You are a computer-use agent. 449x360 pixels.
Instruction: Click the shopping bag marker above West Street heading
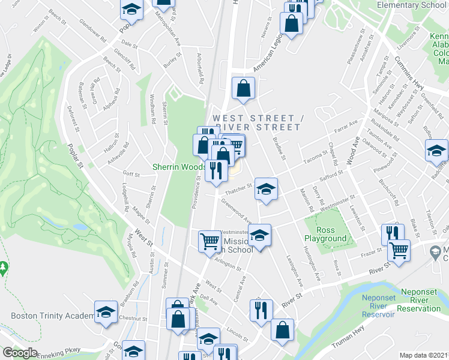[x=244, y=89]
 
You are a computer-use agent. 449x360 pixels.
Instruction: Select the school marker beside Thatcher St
[x=265, y=189]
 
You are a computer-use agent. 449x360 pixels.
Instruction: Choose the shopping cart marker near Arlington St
[x=209, y=241]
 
